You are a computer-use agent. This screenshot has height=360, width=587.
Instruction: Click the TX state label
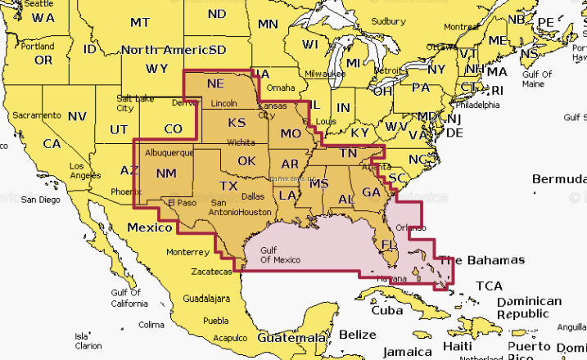(230, 186)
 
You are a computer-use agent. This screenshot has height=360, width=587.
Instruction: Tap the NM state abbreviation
(165, 173)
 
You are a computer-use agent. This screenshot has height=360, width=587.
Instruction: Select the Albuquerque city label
(168, 153)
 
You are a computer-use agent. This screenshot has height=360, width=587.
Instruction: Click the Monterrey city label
(187, 252)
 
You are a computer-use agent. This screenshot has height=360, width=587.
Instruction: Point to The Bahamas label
(482, 260)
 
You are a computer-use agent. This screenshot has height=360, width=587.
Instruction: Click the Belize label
(357, 334)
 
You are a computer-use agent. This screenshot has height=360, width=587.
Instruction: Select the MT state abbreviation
(140, 23)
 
